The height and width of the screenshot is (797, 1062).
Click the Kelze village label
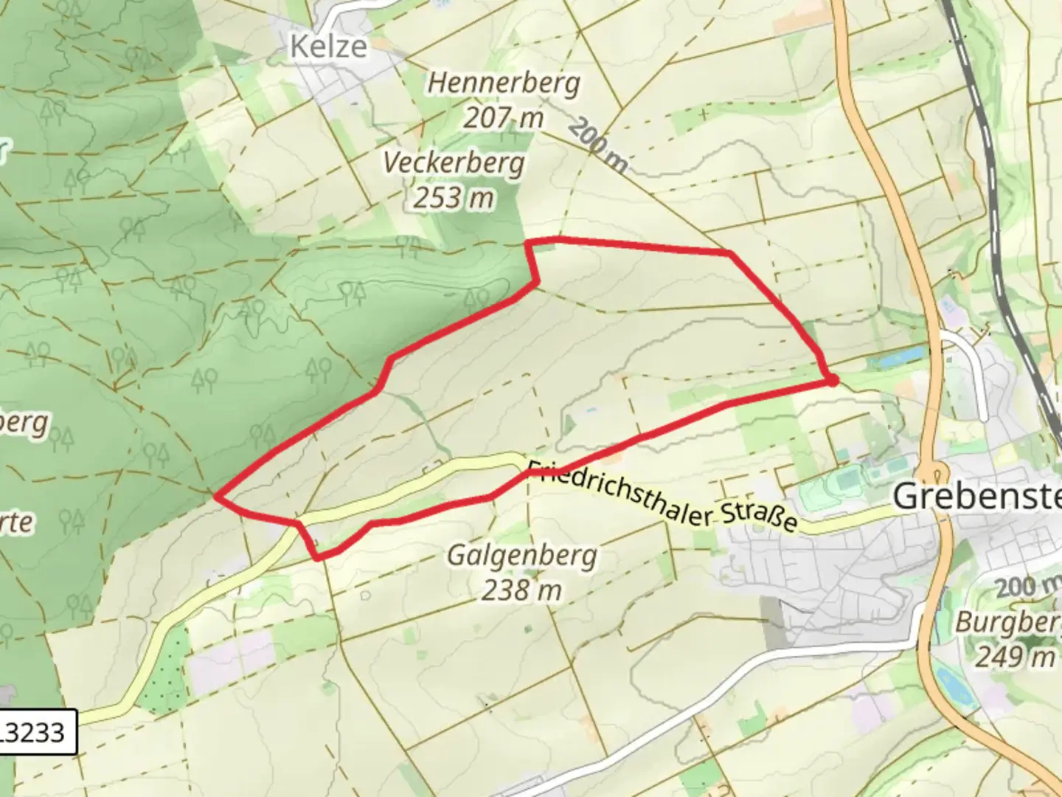(328, 46)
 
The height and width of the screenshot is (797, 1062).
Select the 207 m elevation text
(504, 117)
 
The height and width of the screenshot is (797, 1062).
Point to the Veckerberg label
(454, 162)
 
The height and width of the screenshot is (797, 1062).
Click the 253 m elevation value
(454, 198)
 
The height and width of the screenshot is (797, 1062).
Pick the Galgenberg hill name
(522, 554)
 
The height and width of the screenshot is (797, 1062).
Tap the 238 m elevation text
(522, 590)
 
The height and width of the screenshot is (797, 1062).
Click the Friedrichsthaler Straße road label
(662, 496)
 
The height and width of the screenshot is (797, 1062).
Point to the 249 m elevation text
(1015, 656)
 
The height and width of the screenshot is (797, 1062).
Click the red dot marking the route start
(831, 380)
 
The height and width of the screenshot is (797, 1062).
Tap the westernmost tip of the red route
(216, 497)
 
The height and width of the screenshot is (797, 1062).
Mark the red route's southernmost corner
(318, 558)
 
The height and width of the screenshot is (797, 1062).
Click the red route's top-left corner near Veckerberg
(528, 242)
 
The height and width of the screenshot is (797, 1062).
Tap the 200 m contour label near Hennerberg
(597, 145)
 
